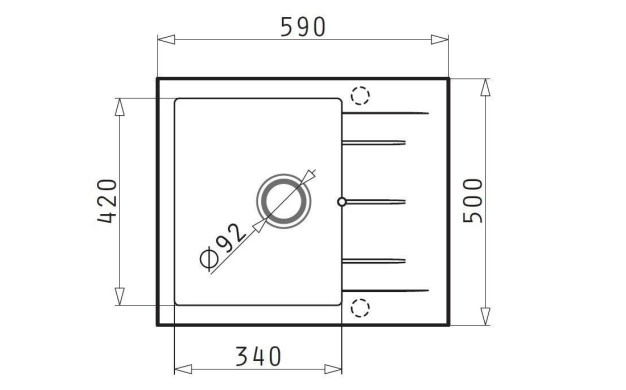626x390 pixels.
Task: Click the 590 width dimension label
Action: click(303, 27)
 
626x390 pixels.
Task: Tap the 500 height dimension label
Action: click(473, 201)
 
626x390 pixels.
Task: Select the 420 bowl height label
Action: click(108, 201)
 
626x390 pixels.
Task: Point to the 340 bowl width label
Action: click(258, 356)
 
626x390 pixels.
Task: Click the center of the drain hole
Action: click(283, 201)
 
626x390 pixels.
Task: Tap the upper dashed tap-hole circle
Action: click(360, 96)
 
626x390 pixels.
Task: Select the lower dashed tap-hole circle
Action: click(360, 308)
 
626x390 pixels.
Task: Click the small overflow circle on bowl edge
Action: click(342, 202)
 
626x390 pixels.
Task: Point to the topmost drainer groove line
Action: click(386, 113)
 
